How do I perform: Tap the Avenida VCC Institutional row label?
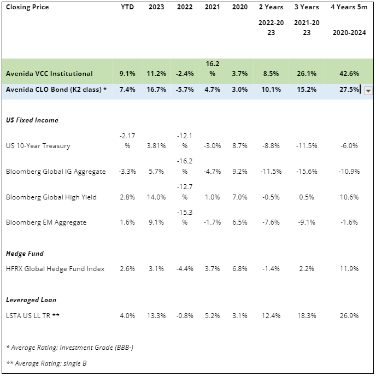coord(49,74)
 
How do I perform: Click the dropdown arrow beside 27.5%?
coord(368,91)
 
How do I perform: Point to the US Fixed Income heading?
coord(32,120)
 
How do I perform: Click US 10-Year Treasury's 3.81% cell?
coord(157,146)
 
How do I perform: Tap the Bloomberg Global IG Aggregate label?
coord(56,172)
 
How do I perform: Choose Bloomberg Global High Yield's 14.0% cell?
coord(157,197)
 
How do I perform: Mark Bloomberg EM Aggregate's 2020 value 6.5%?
coord(239,222)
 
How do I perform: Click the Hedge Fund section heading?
coord(25,254)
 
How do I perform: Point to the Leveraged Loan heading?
coord(31,300)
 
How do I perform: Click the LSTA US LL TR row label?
coord(32,315)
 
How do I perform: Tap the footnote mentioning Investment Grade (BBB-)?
coord(62,348)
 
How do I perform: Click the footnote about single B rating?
coord(46,363)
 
